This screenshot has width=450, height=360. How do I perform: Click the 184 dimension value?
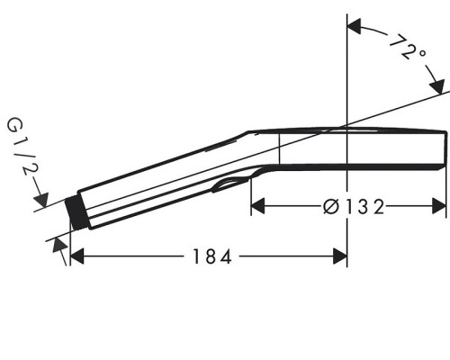(212, 256)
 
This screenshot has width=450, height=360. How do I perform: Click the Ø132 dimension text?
(354, 207)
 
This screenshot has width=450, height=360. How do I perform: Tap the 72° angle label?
(408, 48)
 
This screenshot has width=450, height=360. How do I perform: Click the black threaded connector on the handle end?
(76, 213)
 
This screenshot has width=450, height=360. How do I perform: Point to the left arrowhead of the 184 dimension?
(76, 256)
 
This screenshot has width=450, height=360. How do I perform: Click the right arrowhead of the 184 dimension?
(340, 256)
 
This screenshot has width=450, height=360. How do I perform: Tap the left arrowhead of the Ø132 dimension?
(257, 206)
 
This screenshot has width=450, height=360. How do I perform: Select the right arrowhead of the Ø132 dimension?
(439, 206)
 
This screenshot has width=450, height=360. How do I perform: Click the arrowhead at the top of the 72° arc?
(354, 26)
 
